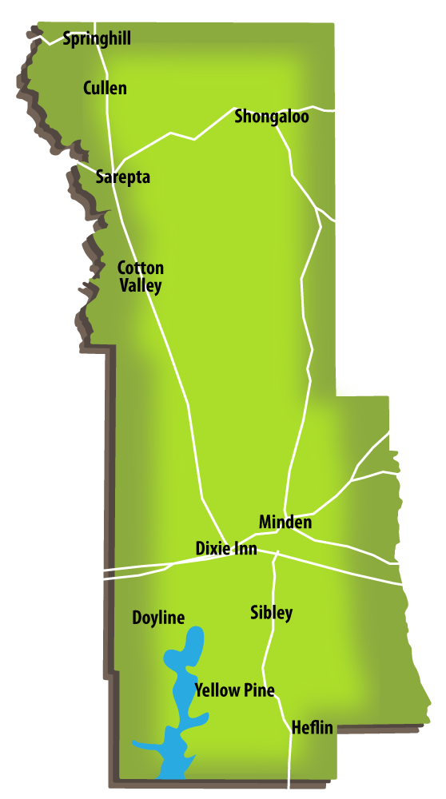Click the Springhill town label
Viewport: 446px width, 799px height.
(x=97, y=39)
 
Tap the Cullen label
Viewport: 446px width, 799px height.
(x=105, y=88)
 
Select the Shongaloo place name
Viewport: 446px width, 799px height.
(x=271, y=117)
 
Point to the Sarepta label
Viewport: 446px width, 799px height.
(x=122, y=177)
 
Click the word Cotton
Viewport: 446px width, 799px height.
(x=140, y=268)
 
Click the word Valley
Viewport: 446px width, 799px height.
(x=141, y=285)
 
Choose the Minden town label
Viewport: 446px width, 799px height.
(x=285, y=523)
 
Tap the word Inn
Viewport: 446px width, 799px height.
(x=247, y=549)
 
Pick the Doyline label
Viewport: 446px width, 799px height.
(x=158, y=618)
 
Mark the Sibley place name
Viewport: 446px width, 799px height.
(x=271, y=614)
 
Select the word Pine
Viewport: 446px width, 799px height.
(x=258, y=690)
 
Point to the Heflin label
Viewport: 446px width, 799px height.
(x=312, y=728)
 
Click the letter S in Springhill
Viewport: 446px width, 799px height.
(x=66, y=39)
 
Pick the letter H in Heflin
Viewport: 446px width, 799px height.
(x=297, y=728)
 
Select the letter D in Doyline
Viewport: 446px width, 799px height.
(x=137, y=618)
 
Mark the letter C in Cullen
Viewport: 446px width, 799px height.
(x=87, y=88)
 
